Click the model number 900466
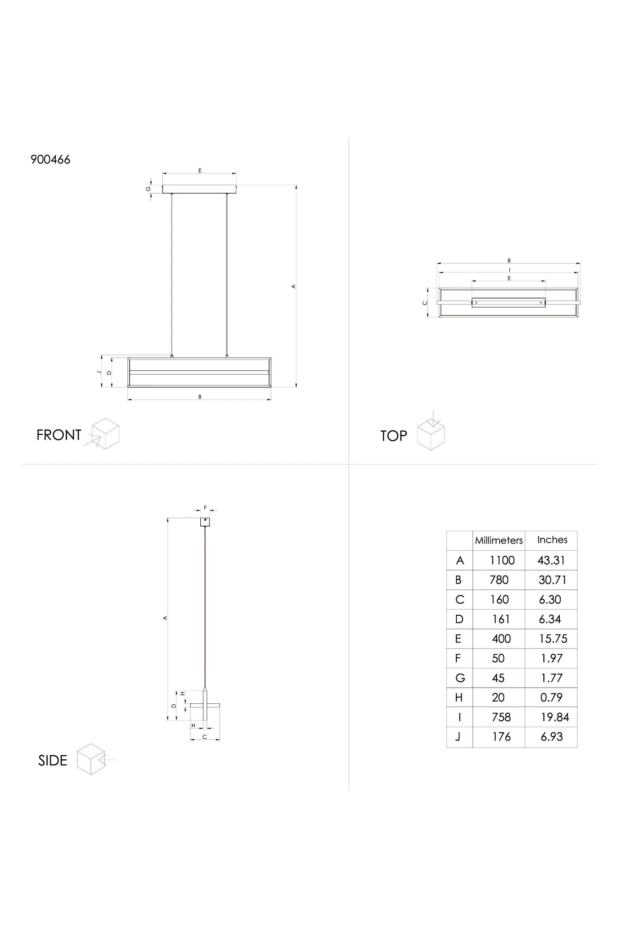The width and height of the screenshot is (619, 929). click(50, 160)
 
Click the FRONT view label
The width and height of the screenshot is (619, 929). click(59, 435)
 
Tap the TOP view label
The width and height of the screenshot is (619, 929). click(394, 436)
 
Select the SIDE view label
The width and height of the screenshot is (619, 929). click(53, 760)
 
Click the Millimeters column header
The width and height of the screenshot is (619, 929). click(499, 540)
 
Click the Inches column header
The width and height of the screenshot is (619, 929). click(552, 540)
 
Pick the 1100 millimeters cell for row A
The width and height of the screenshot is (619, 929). click(502, 560)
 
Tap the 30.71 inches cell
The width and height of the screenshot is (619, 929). click(552, 580)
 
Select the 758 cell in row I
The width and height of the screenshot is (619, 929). click(501, 717)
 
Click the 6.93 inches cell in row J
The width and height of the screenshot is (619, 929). click(552, 737)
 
